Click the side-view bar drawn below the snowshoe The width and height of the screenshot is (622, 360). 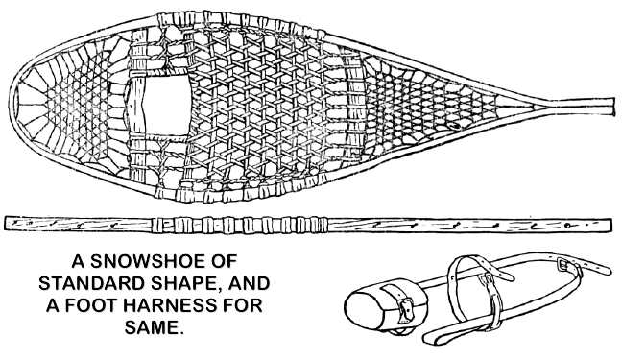point(307,224)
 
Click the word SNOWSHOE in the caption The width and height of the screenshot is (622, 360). point(146,261)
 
